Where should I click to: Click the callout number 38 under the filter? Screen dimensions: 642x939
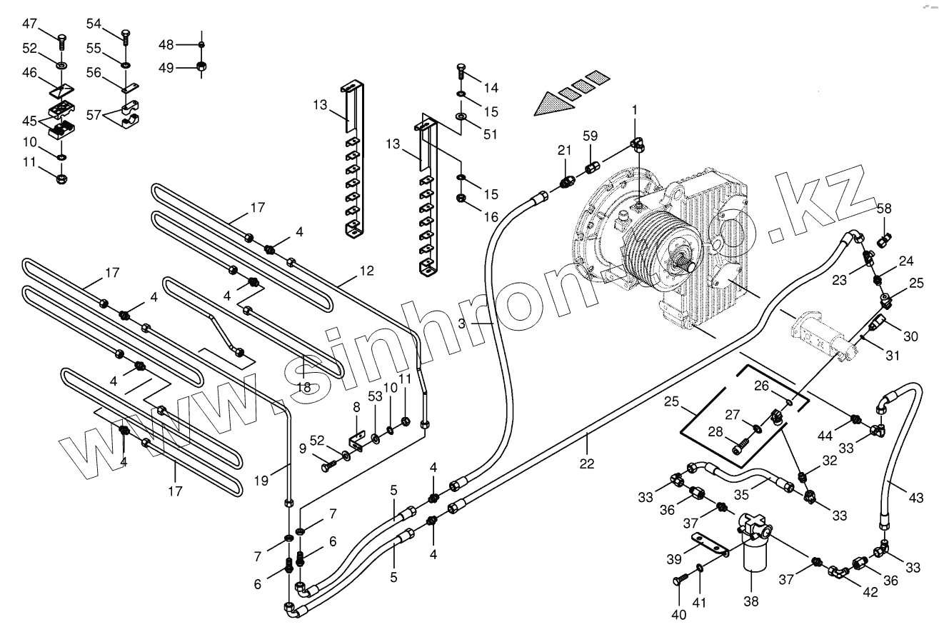coord(750,601)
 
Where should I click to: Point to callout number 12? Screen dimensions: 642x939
coord(366,272)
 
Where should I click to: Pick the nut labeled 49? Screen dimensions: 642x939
coord(201,67)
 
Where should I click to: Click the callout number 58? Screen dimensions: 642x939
coord(885,208)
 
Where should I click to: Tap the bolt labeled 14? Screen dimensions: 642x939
coord(461,71)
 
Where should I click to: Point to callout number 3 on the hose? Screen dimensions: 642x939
coord(462,323)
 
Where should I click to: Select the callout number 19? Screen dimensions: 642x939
coord(261,481)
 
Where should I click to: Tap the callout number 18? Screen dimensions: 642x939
coord(303,387)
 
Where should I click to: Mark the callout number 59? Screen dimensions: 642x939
coord(590,136)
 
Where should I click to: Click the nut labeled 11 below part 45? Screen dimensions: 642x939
coord(61,176)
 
